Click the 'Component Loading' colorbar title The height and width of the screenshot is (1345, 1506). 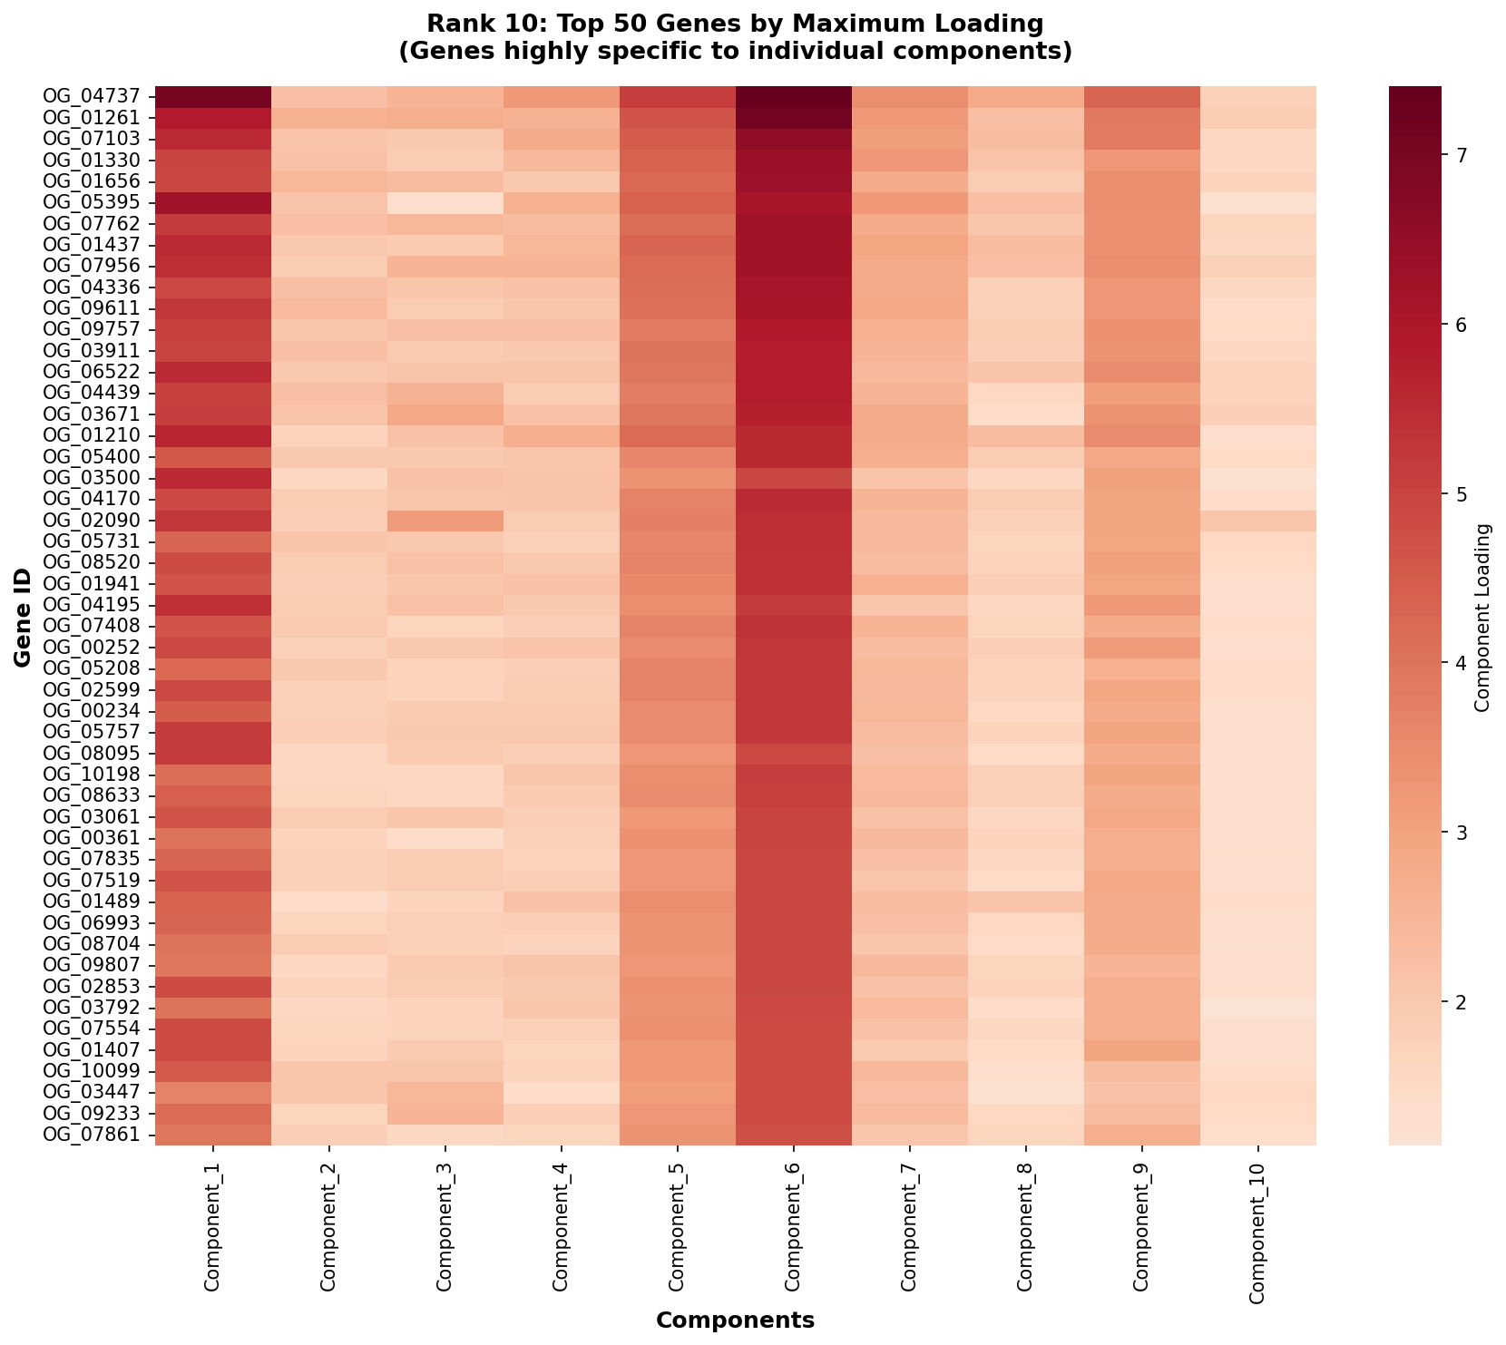pos(1483,615)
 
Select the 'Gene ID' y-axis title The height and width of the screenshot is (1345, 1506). pos(24,615)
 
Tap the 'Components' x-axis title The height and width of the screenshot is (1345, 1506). pos(735,1321)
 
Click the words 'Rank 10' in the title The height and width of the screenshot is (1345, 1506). pos(459,22)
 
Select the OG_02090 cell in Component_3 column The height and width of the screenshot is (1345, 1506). pos(445,521)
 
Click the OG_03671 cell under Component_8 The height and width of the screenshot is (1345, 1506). pos(1026,414)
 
